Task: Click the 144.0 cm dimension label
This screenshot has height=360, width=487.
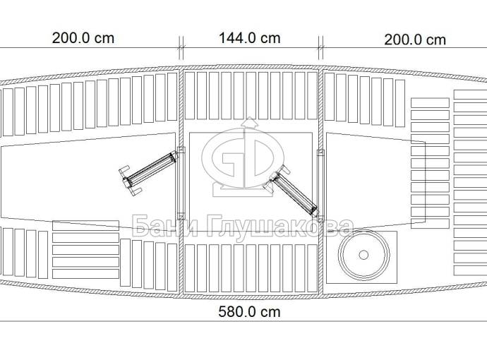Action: tap(249, 38)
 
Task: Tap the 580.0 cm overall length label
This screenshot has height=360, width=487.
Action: tap(249, 312)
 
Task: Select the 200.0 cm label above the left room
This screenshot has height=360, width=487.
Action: tap(83, 38)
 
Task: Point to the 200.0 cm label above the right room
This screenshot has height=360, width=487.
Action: tap(415, 40)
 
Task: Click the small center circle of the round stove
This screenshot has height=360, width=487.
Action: tap(363, 255)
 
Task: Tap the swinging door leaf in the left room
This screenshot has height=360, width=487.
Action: tap(152, 169)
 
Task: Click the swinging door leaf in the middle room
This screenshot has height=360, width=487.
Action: tap(294, 193)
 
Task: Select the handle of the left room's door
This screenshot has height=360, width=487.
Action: tap(128, 181)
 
